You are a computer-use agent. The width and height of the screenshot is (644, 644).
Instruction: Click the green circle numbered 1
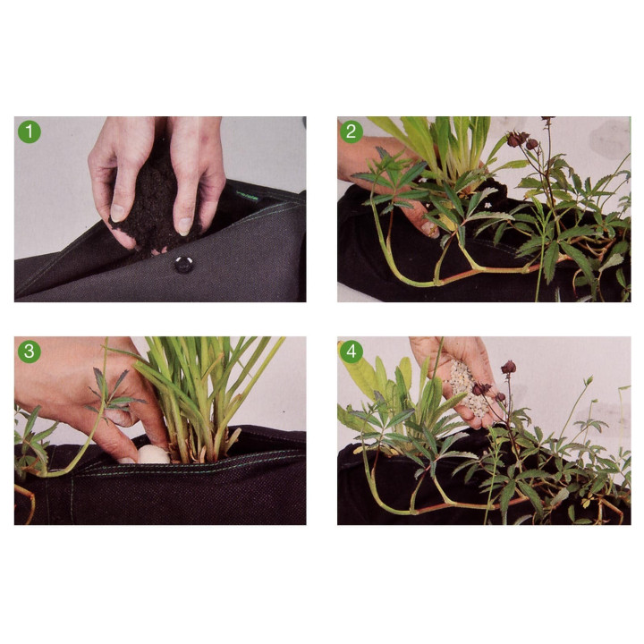30,131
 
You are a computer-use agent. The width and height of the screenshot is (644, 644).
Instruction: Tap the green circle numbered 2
352,131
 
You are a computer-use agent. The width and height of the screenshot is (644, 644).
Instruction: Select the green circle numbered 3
30,352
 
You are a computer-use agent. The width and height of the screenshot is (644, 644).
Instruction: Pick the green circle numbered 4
352,352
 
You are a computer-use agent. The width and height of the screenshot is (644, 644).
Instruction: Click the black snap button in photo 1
183,264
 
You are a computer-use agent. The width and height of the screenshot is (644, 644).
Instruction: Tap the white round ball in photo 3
153,455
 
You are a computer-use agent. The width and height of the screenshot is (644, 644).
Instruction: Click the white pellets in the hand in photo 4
468,387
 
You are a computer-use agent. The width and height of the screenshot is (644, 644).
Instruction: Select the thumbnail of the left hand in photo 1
117,213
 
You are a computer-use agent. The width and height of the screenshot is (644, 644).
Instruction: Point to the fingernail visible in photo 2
430,231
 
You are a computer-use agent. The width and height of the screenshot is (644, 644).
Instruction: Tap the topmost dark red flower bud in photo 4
509,367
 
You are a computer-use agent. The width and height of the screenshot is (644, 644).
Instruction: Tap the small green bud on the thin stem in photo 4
589,381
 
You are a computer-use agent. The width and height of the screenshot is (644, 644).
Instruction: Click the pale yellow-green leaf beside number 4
360,377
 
